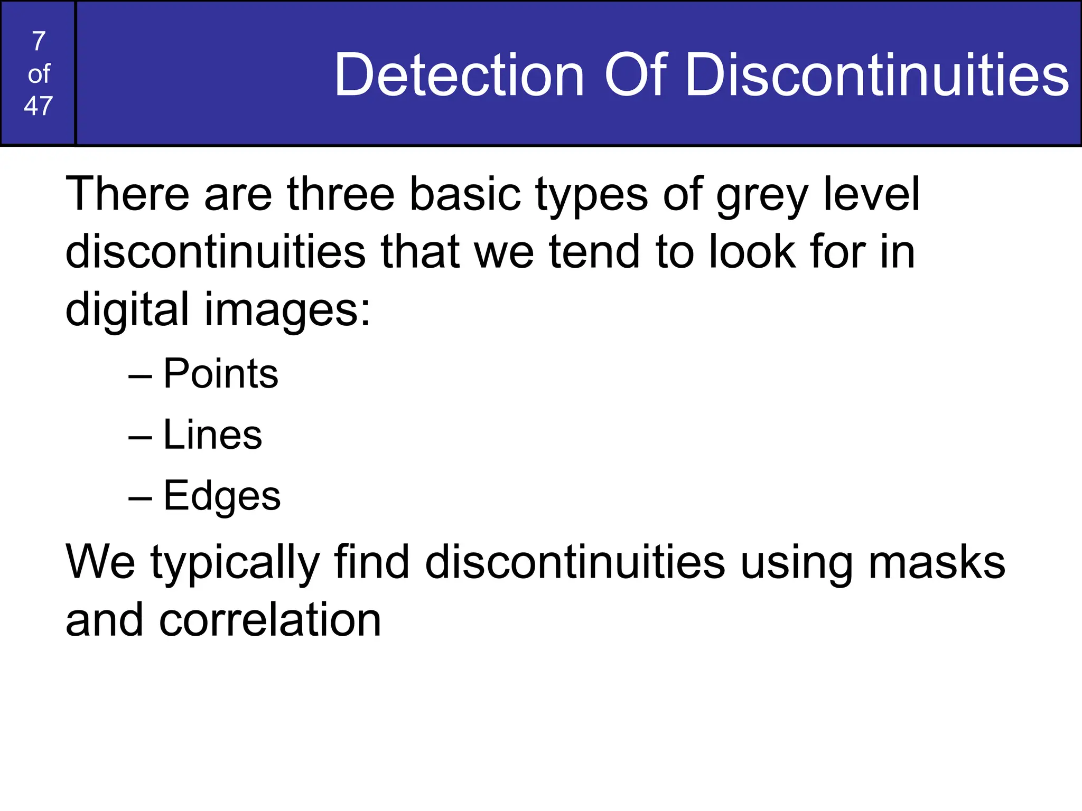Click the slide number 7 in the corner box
[x=39, y=41]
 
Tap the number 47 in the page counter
[x=39, y=106]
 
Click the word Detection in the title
[x=459, y=75]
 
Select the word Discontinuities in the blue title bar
[x=876, y=75]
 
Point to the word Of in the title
[x=636, y=75]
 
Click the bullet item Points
[x=220, y=373]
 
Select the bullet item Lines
[x=212, y=435]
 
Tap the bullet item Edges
[x=222, y=496]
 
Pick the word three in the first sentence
[x=341, y=194]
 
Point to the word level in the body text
[x=872, y=194]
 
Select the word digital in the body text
[x=127, y=309]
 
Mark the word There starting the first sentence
[x=127, y=194]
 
